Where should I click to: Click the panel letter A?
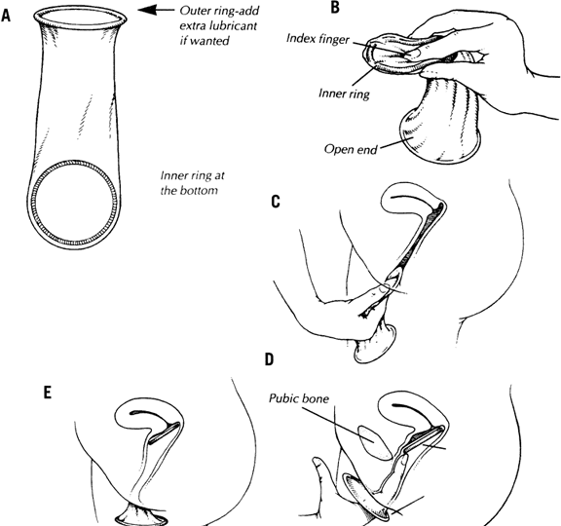point(6,16)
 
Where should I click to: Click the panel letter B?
point(334,8)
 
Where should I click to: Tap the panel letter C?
point(276,202)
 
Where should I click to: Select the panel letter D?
point(270,359)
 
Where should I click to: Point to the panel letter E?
point(47,393)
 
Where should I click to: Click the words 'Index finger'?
point(318,38)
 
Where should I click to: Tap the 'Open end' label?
point(351,149)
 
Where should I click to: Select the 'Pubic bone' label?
point(299,398)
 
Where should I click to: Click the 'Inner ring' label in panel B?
point(344,94)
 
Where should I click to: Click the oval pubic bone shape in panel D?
point(375,442)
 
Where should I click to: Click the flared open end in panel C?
point(375,345)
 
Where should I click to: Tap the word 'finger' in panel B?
point(333,39)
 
